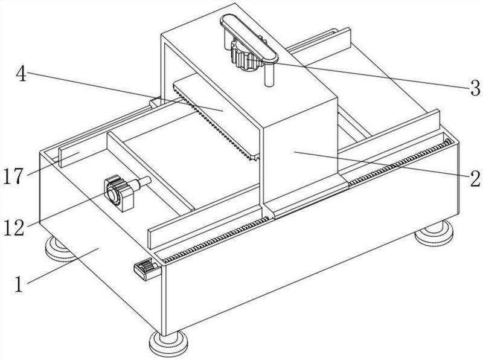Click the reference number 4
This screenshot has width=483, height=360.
[21, 74]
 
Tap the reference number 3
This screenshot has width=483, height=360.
[475, 88]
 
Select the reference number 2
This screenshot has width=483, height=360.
[475, 178]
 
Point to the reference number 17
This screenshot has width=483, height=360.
[13, 176]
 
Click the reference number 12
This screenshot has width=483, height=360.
[14, 228]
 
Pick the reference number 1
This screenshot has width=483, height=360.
[19, 284]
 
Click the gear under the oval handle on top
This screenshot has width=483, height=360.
[246, 57]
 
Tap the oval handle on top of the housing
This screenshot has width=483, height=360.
[249, 38]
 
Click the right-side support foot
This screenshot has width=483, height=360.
[434, 233]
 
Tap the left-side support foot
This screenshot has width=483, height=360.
[59, 249]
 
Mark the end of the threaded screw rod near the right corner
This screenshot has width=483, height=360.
[448, 142]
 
